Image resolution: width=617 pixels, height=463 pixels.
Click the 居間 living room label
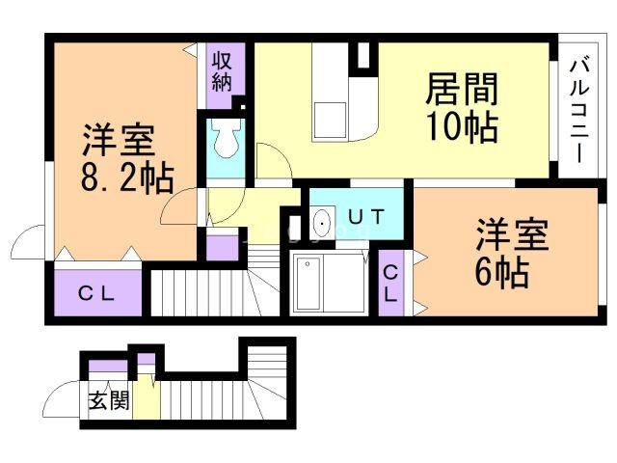point(462,91)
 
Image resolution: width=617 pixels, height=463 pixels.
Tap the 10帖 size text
point(462,126)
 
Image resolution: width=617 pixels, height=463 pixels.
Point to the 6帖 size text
point(500,273)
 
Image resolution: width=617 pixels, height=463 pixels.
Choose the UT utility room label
point(364,218)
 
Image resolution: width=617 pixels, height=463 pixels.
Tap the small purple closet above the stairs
point(224,248)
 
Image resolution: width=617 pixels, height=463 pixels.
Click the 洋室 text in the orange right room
point(511,234)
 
